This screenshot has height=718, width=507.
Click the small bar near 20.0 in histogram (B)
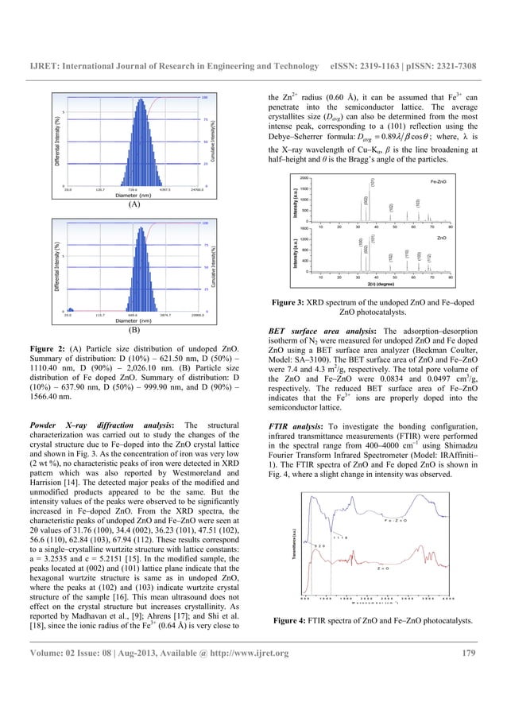click(68, 309)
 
